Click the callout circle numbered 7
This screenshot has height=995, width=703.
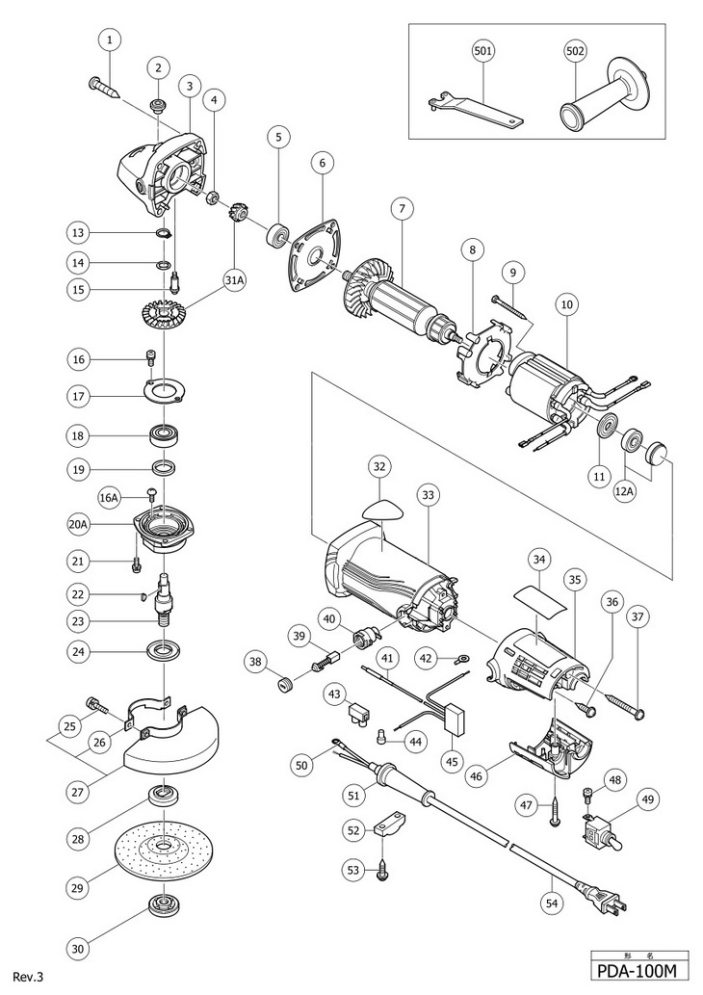(x=403, y=208)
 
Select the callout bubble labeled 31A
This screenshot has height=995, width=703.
(x=234, y=280)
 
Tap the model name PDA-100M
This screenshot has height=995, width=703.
(x=639, y=972)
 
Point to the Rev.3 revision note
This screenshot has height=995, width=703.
(x=31, y=977)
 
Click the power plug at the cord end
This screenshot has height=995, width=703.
(x=602, y=896)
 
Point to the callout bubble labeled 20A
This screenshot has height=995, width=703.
(x=79, y=525)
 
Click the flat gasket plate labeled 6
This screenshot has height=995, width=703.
(x=314, y=255)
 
